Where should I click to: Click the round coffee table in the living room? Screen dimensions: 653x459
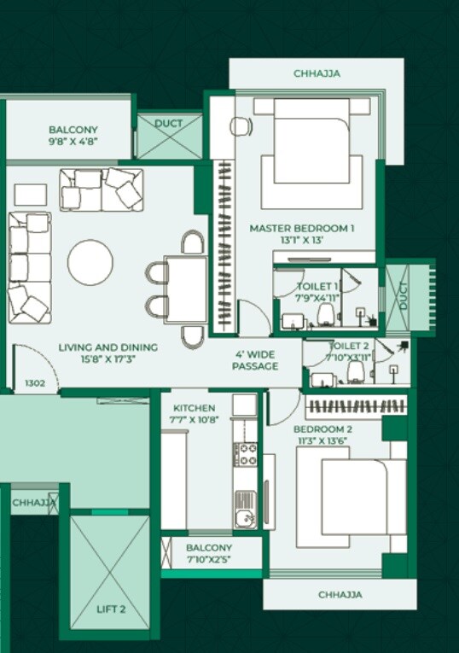click(x=90, y=262)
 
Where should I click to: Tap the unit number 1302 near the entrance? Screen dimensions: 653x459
click(x=35, y=383)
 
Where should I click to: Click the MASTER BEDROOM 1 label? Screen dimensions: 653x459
click(x=301, y=228)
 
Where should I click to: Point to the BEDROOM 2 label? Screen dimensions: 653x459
click(x=322, y=429)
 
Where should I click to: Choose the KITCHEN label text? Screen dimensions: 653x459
click(x=194, y=408)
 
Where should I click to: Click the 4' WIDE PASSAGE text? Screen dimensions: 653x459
click(x=255, y=359)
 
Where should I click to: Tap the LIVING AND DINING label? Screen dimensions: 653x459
click(x=107, y=347)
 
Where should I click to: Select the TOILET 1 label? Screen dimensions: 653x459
click(x=318, y=286)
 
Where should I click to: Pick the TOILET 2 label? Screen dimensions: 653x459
click(x=349, y=346)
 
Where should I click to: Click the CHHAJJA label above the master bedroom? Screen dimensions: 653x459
click(x=317, y=73)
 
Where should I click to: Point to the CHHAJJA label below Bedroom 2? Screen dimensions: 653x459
click(x=340, y=594)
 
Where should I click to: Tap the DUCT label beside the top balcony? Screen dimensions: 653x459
click(x=169, y=124)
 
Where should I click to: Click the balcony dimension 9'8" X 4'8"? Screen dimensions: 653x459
click(x=73, y=143)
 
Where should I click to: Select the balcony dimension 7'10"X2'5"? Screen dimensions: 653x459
click(x=208, y=560)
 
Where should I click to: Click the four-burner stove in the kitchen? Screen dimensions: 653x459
click(x=246, y=454)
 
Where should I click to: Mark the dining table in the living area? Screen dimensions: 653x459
click(x=185, y=290)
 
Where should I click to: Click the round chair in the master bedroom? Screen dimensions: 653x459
click(x=241, y=126)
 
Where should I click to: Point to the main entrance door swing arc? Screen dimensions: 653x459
click(x=32, y=363)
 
